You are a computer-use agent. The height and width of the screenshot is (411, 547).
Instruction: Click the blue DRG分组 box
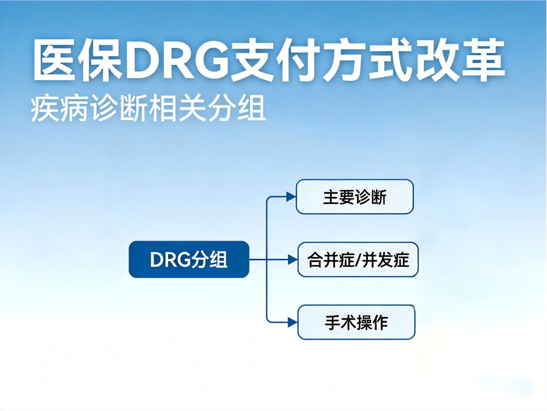pos(189,259)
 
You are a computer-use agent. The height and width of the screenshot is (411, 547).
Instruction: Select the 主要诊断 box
pos(355,197)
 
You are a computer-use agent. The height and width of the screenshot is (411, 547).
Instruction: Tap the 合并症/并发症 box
pos(358,259)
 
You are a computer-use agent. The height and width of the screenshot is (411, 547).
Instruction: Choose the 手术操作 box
pos(356,322)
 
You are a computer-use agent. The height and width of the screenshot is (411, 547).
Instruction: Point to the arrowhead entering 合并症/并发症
pos(292,259)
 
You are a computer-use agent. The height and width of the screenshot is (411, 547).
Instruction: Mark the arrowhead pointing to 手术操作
pos(292,322)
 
